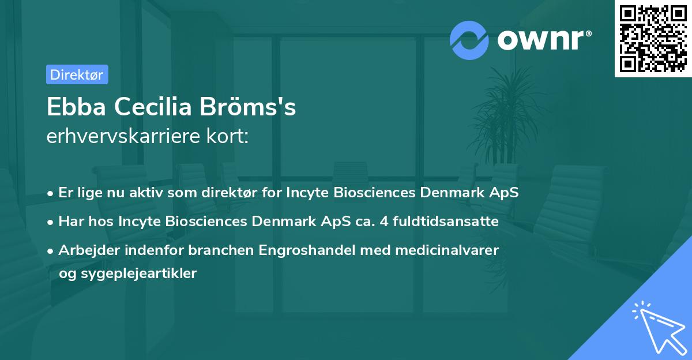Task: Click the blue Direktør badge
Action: [77, 74]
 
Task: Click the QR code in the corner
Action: [653, 39]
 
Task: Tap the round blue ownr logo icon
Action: [469, 40]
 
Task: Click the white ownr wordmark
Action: [544, 40]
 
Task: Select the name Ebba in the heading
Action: [76, 107]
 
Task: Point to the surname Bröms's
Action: [248, 106]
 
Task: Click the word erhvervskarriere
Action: [123, 136]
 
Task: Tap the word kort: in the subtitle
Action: [227, 136]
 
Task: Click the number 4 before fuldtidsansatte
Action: [384, 222]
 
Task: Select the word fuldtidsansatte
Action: [445, 222]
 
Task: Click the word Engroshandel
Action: [307, 250]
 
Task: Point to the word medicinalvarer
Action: [447, 250]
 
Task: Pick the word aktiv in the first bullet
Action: [146, 193]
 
